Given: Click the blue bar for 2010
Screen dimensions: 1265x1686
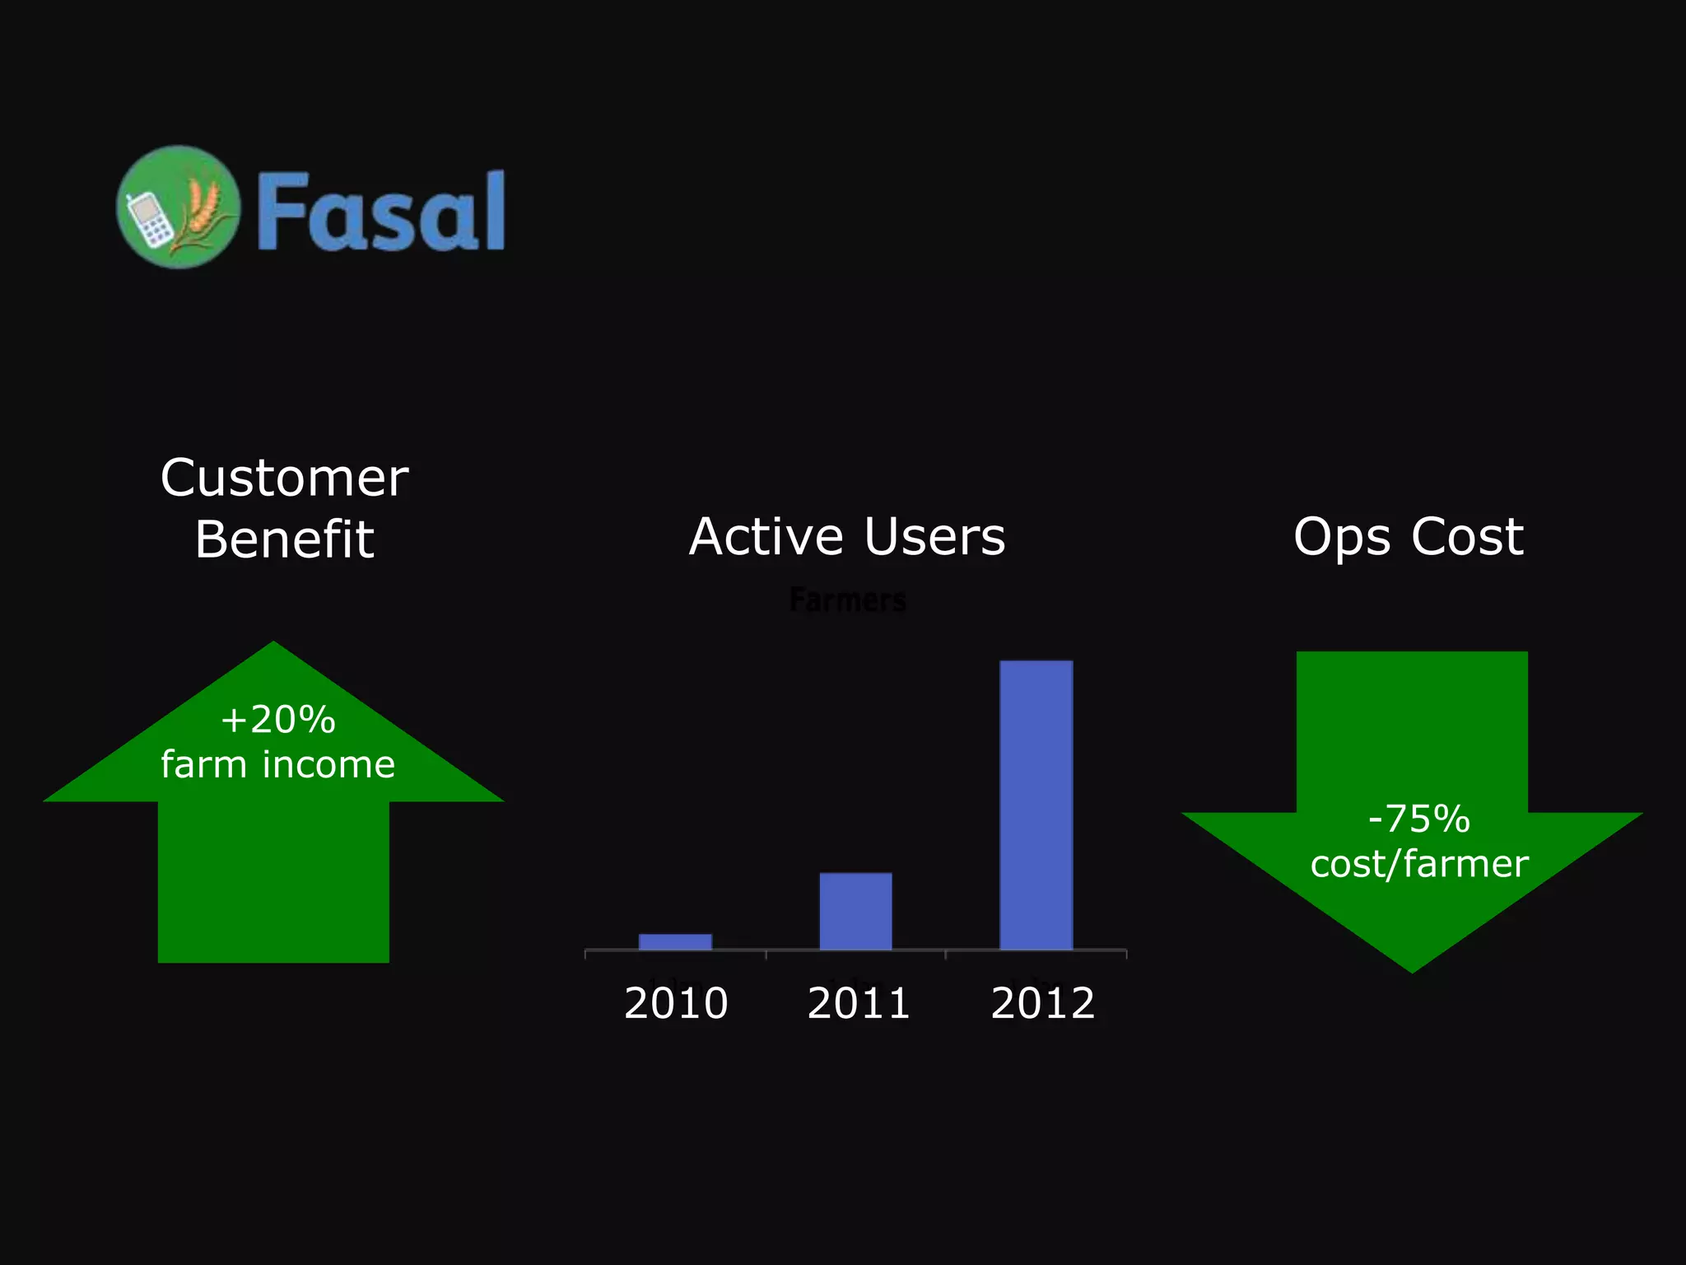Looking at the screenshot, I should [x=675, y=941].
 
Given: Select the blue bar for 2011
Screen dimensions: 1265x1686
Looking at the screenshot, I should [x=855, y=911].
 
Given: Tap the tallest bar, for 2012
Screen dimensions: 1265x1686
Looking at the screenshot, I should [x=1036, y=805].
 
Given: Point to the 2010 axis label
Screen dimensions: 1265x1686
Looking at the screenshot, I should [x=676, y=1003].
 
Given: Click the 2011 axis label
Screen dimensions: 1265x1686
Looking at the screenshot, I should [x=859, y=1003].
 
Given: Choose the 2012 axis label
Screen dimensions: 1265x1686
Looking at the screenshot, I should [x=1042, y=1003].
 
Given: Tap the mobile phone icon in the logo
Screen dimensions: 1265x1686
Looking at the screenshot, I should [x=147, y=220].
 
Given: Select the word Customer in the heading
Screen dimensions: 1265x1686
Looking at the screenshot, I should [x=284, y=478].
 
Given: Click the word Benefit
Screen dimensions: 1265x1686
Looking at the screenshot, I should [x=284, y=539].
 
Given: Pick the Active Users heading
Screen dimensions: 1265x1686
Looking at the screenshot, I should [x=847, y=537].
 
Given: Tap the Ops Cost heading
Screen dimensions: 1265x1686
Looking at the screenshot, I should [x=1408, y=537].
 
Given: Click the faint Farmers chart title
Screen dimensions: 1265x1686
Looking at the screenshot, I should [x=847, y=600].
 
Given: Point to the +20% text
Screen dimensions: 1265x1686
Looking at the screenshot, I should [x=277, y=720].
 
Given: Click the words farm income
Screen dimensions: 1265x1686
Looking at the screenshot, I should [x=277, y=764].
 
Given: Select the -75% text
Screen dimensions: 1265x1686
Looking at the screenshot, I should [x=1418, y=819].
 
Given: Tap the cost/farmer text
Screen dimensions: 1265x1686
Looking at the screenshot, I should [x=1418, y=864].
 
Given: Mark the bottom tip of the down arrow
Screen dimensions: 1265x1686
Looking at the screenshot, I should [x=1412, y=969].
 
